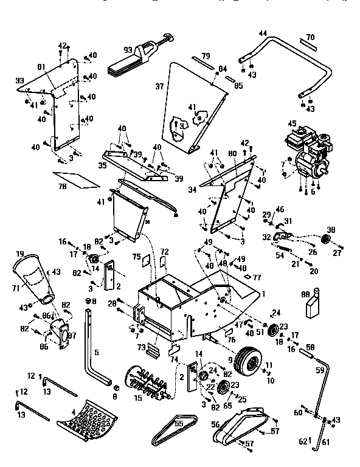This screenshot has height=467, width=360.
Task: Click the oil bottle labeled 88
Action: click(313, 302)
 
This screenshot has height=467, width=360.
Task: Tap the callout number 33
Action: click(19, 80)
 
